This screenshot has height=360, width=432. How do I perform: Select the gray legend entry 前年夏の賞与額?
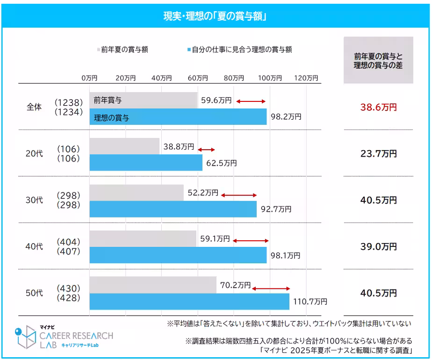tap(122, 50)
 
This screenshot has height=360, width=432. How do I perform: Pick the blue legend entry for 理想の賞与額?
tap(239, 50)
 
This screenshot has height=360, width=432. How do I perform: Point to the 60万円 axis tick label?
tap(197, 78)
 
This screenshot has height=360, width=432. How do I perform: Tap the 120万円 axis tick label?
tap(306, 78)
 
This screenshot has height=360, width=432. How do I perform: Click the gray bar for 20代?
tap(124, 146)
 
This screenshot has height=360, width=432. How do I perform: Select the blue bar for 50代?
tap(189, 302)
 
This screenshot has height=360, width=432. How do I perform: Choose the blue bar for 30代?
tap(173, 209)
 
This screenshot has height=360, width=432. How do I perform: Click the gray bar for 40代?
tap(143, 238)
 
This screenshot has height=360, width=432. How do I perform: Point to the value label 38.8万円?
tap(179, 146)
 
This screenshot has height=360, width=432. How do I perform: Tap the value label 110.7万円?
tap(310, 302)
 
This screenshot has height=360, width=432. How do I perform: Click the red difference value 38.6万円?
tap(378, 108)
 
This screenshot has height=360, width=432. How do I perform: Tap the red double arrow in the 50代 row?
tap(271, 288)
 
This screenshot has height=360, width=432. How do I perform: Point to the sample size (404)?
tap(68, 242)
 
